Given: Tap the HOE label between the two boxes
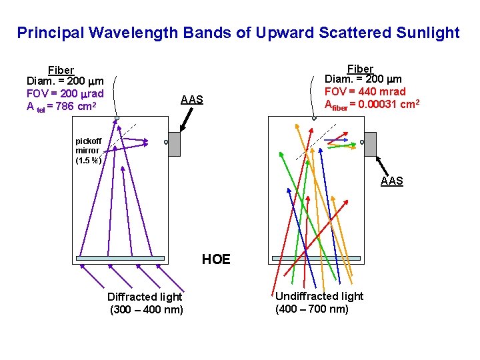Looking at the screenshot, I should pos(216,259).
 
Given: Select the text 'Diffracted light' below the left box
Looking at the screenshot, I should pos(145,297).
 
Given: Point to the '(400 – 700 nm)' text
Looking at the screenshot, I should pos(312,309).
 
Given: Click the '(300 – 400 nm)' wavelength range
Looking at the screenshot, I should pos(146,309).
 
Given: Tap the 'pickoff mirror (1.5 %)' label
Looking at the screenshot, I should pos(88,151).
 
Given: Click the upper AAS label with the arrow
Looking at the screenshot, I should pos(192,100).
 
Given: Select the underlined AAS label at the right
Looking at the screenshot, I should pos(392,181).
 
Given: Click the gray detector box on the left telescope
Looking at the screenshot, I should pos(174,143).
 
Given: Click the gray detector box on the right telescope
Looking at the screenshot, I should pos(370,143).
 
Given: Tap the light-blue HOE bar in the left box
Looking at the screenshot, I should pos(121,258).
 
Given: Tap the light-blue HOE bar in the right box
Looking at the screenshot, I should pos(316,258).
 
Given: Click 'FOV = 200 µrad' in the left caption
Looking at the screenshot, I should pos(65,93).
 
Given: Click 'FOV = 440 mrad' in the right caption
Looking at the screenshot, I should pos(365,91).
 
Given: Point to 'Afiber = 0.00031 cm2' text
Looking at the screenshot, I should pos(371,103).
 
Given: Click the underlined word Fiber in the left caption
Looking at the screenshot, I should pos(61,70).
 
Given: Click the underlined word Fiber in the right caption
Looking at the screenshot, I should pos(360,69).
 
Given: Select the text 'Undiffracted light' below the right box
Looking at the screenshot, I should pos(319,296).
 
